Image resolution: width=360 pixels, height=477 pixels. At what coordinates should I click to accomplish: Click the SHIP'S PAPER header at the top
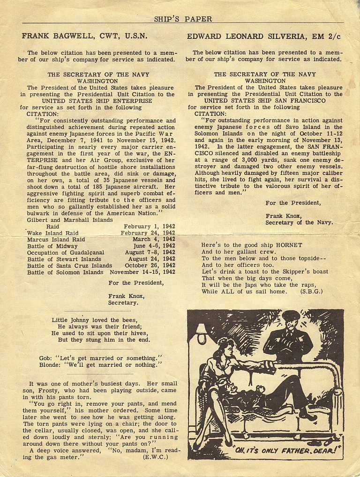(x=183, y=19)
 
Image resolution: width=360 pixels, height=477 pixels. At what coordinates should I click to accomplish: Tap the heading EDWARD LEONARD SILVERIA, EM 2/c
(x=264, y=36)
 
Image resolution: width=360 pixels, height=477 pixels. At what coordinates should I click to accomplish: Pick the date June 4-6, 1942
(x=154, y=246)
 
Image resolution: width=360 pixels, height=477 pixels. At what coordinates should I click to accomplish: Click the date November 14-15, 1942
(x=142, y=272)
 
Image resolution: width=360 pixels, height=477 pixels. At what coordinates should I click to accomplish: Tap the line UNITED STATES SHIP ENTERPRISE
(x=97, y=101)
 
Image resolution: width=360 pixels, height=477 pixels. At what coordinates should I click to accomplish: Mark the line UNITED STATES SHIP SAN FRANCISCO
(x=265, y=101)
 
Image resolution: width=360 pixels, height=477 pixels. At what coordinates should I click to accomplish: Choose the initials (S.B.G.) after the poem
(x=311, y=291)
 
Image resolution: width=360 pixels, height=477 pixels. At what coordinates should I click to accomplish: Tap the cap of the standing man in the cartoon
(x=291, y=315)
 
